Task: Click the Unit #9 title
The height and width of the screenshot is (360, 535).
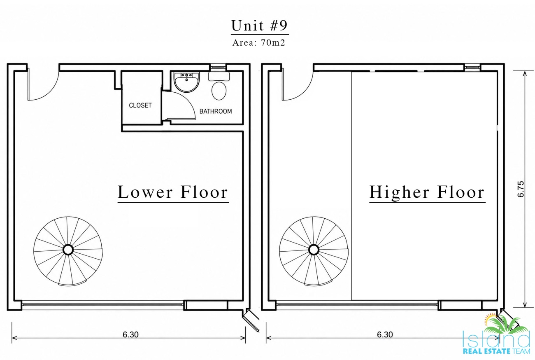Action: click(x=260, y=26)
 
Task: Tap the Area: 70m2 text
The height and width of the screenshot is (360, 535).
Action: click(x=259, y=43)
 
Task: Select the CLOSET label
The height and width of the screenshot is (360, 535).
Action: click(x=140, y=105)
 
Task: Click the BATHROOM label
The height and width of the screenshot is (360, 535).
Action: click(x=215, y=111)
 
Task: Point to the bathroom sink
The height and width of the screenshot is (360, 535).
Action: click(x=186, y=82)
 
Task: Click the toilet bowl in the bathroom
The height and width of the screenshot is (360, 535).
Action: click(x=219, y=91)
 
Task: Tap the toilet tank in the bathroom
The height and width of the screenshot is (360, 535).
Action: click(x=219, y=76)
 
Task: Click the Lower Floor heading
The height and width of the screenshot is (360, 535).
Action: click(x=173, y=192)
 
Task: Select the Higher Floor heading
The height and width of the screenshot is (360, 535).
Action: click(x=427, y=192)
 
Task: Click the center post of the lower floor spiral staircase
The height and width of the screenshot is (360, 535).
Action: click(x=68, y=250)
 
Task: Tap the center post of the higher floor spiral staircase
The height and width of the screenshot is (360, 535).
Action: click(x=314, y=250)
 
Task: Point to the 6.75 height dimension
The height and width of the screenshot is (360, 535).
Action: click(x=521, y=189)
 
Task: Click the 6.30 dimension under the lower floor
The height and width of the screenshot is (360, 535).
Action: click(x=130, y=334)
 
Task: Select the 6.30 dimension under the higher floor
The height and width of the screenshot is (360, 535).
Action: click(x=385, y=334)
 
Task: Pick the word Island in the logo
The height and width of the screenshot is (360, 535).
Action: click(x=496, y=339)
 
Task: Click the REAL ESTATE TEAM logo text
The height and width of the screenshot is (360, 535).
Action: click(x=496, y=351)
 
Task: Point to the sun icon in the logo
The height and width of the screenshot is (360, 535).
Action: click(x=491, y=319)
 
